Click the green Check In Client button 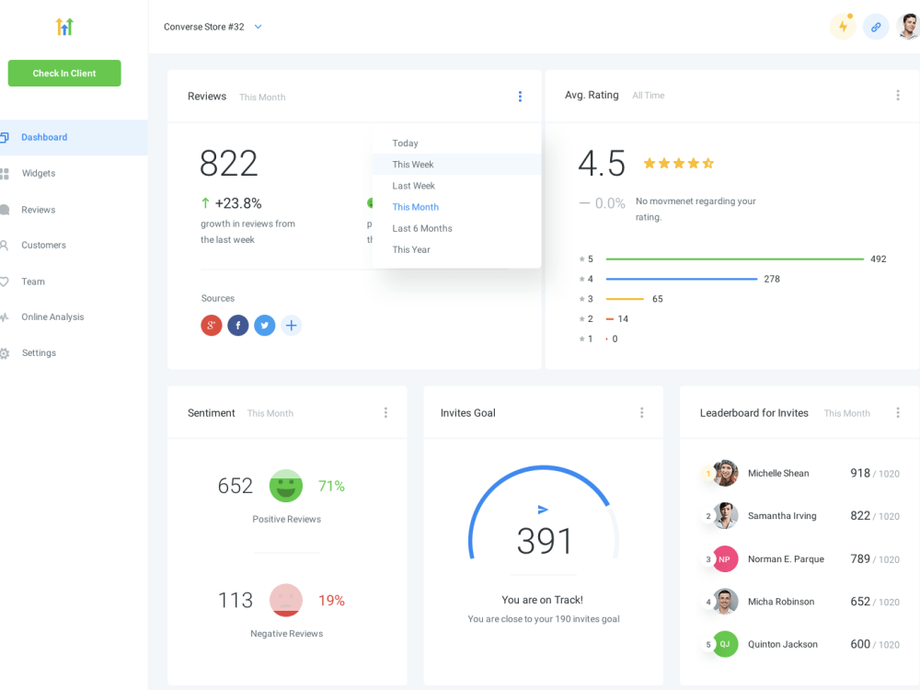[x=64, y=74]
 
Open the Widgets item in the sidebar [x=38, y=173]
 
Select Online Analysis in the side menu [x=52, y=316]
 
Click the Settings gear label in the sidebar [x=39, y=352]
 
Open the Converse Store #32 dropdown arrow [x=259, y=27]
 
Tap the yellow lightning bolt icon [x=843, y=27]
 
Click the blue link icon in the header [x=876, y=27]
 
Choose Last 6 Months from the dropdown [x=422, y=228]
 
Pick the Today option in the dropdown [x=406, y=144]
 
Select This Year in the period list [x=411, y=249]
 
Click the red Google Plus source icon [x=212, y=325]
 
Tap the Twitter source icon [x=265, y=325]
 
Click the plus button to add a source [x=291, y=325]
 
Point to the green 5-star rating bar [x=734, y=259]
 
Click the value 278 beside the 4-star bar [x=772, y=279]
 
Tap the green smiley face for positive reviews [x=286, y=486]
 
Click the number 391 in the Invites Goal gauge [x=544, y=540]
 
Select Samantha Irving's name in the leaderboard [x=782, y=516]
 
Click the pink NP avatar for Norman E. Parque [x=725, y=559]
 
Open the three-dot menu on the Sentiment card [x=385, y=412]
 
